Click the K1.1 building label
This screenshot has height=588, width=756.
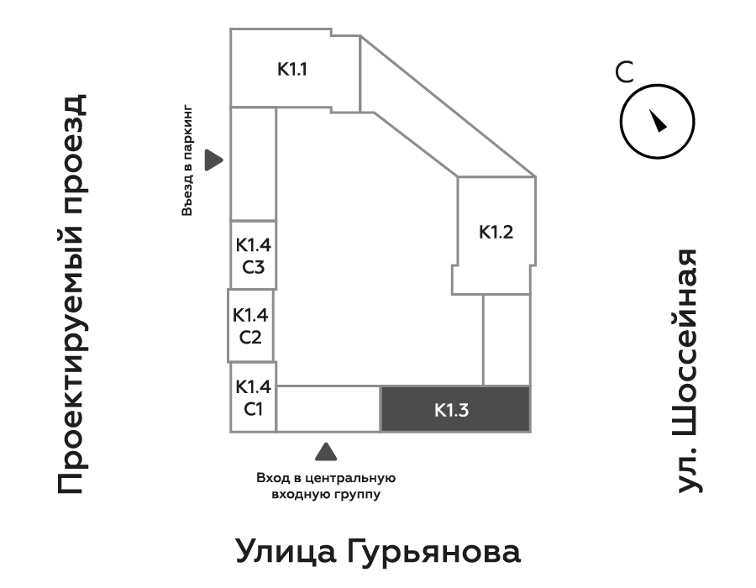tap(292, 69)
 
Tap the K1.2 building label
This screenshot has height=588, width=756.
tap(496, 233)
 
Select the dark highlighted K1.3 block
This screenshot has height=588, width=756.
tap(455, 409)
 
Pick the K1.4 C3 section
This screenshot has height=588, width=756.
tap(253, 256)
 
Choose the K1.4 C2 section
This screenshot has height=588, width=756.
tap(251, 327)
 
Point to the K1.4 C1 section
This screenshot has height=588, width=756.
tap(253, 398)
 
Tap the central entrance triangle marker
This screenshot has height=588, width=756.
tap(326, 452)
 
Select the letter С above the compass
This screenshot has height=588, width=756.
tap(623, 72)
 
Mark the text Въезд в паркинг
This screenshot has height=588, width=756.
tap(188, 161)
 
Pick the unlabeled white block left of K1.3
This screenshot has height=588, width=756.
tap(328, 409)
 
